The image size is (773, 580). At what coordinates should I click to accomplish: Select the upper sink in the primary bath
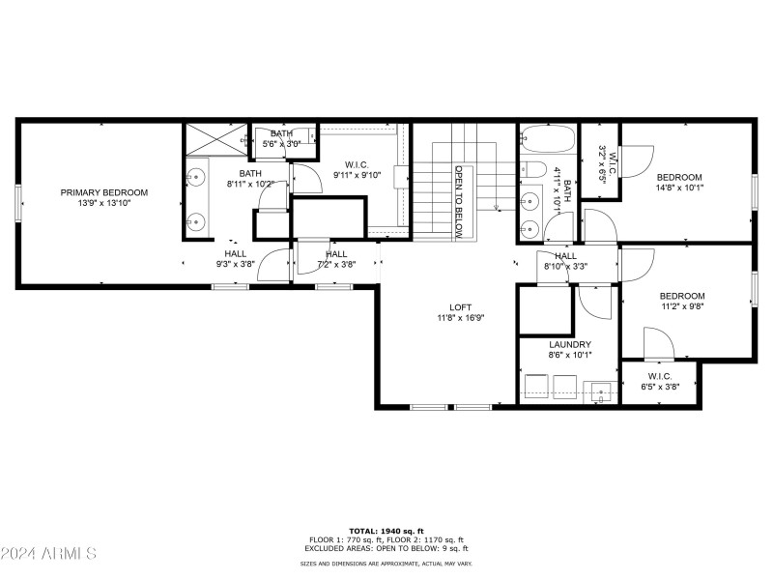pyautogui.click(x=196, y=178)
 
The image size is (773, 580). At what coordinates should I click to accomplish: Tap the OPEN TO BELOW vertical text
pyautogui.click(x=460, y=201)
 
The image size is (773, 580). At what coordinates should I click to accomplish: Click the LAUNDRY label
pyautogui.click(x=569, y=344)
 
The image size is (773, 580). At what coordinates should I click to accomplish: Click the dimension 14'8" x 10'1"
pyautogui.click(x=679, y=189)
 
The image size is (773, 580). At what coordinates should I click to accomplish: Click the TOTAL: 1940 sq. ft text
pyautogui.click(x=386, y=531)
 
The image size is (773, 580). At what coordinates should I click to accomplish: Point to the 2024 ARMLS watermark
pyautogui.click(x=48, y=554)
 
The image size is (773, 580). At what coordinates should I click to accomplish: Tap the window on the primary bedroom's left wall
pyautogui.click(x=17, y=203)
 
